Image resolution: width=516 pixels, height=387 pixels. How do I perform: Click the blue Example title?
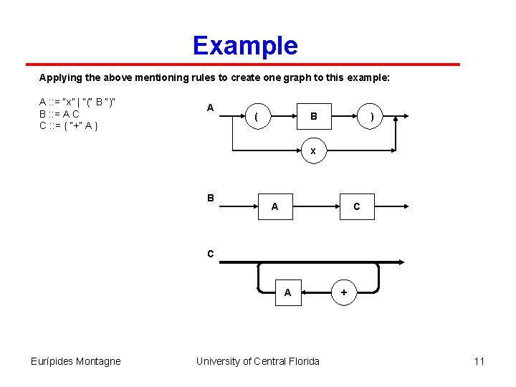click(245, 46)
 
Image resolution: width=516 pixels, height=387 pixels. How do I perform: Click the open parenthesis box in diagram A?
click(257, 116)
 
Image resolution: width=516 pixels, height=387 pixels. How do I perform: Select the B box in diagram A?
click(313, 116)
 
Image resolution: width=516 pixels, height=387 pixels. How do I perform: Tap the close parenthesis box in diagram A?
click(371, 116)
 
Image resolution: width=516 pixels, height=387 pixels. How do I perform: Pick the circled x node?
click(313, 151)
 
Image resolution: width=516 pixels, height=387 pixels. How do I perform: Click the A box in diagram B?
click(274, 206)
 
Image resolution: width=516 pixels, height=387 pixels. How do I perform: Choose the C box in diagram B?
click(356, 206)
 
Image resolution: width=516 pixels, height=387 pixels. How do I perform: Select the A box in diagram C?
click(287, 292)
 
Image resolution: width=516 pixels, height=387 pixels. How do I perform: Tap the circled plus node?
click(344, 292)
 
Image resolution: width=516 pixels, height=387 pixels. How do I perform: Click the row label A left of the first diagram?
click(210, 107)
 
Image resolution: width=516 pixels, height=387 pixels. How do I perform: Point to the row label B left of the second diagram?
click(210, 198)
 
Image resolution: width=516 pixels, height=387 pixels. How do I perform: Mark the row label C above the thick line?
click(210, 253)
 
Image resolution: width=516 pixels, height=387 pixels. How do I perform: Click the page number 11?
click(479, 361)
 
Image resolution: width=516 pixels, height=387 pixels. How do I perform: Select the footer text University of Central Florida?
click(258, 361)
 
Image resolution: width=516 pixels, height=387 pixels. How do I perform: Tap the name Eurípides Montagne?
click(77, 361)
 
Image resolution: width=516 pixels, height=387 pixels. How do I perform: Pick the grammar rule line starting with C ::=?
click(69, 125)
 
